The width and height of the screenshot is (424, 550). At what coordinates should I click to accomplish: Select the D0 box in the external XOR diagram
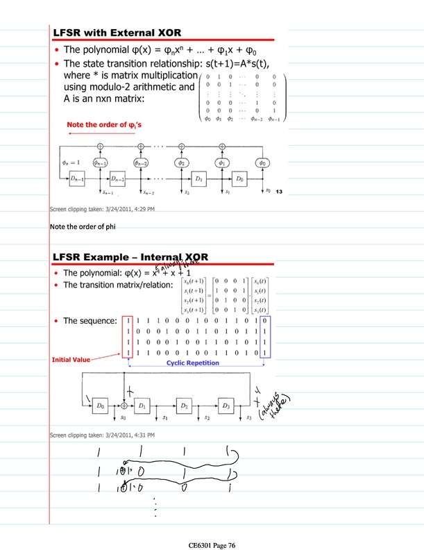click(239, 179)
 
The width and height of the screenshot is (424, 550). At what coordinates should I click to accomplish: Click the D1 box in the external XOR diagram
click(198, 179)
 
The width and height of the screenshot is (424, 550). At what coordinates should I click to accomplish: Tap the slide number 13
click(280, 192)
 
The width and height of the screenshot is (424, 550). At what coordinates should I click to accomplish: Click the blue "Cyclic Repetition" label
click(193, 363)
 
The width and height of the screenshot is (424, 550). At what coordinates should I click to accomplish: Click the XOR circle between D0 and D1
click(124, 404)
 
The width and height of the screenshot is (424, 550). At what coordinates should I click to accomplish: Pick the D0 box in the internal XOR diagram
click(101, 404)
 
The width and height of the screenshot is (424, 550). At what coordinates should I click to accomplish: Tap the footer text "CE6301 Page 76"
click(212, 545)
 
